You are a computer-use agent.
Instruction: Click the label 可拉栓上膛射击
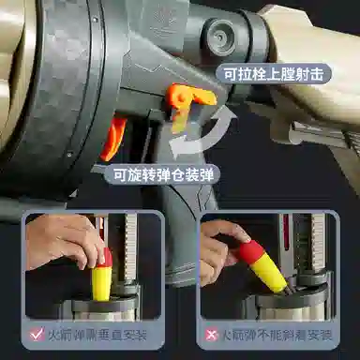274,74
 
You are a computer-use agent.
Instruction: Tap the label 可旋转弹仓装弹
163,174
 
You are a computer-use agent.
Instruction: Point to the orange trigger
113,137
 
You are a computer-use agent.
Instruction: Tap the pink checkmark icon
37,334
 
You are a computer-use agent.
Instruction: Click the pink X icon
211,335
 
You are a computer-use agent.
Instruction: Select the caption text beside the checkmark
97,335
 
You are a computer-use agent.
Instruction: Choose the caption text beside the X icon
277,335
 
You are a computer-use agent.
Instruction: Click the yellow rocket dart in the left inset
102,275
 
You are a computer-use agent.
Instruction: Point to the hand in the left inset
64,241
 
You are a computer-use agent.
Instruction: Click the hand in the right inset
222,250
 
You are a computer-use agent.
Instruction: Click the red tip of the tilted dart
251,250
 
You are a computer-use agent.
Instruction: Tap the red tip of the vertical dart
106,257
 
